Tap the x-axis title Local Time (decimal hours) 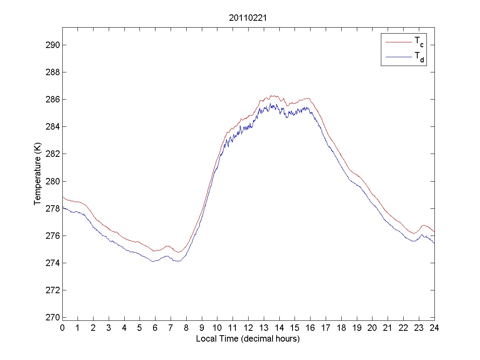[248, 339]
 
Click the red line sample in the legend [398, 42]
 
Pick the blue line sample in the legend [398, 58]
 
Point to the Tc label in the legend [418, 42]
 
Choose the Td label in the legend [418, 58]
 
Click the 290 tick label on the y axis [53, 45]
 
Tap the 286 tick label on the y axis [53, 99]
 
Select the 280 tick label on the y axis [53, 181]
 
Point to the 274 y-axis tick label [53, 263]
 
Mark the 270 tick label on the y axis [53, 317]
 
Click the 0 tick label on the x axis [62, 328]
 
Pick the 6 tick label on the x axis [155, 328]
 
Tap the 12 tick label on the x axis [248, 328]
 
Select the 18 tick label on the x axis [341, 328]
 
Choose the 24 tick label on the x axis [434, 328]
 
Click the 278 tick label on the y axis [53, 208]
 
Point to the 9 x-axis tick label [202, 328]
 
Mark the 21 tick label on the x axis [388, 328]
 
